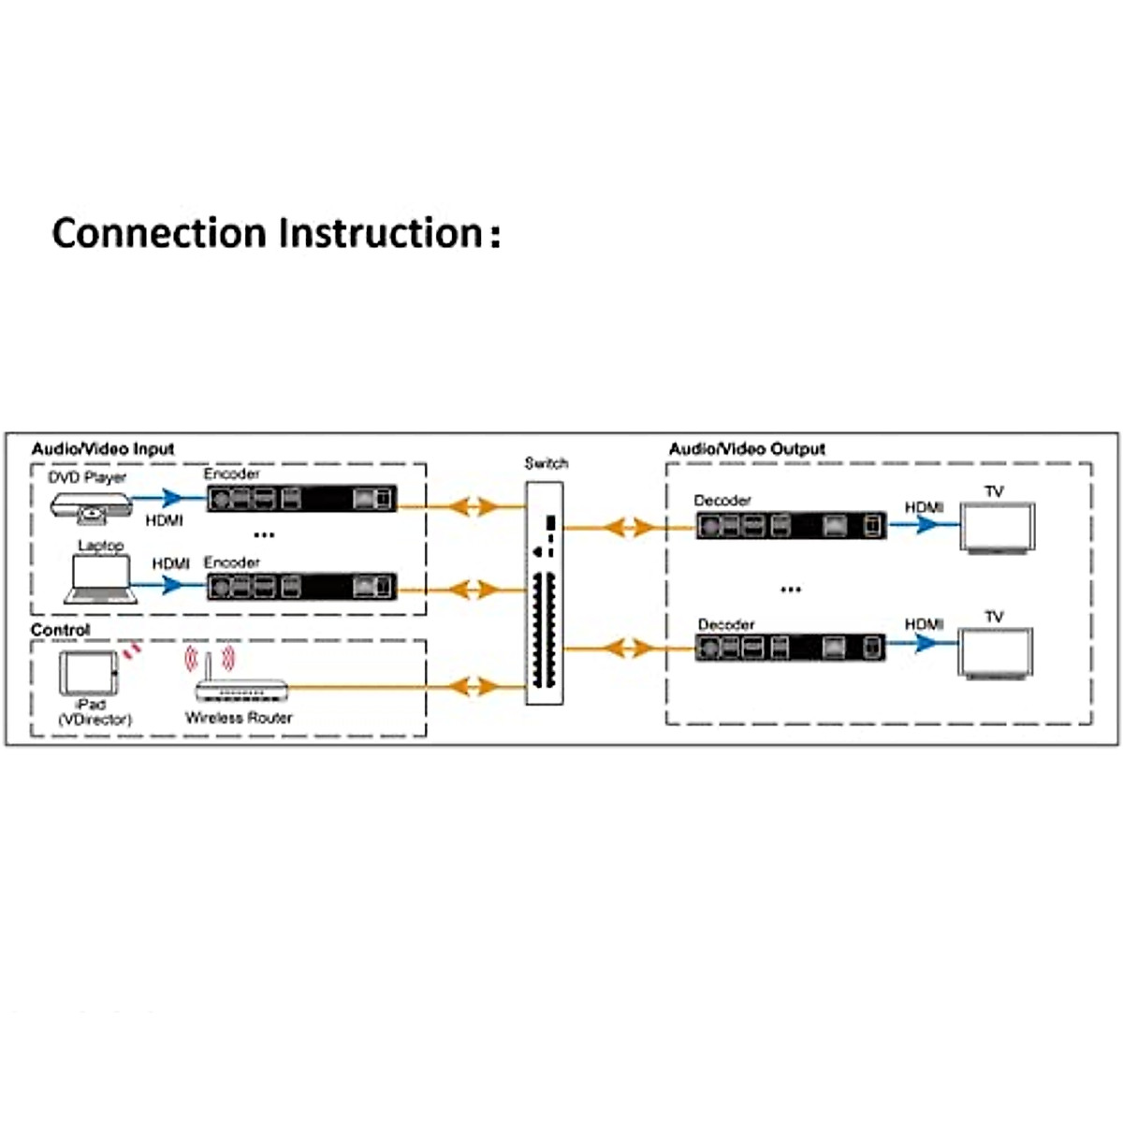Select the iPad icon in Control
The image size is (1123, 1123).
[x=89, y=674]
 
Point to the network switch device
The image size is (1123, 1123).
[x=544, y=593]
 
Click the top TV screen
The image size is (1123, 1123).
[x=998, y=528]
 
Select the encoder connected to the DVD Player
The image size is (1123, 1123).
[x=301, y=499]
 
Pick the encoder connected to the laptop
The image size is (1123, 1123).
[x=301, y=587]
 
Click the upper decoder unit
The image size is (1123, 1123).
[x=790, y=526]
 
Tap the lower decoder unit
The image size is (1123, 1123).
[x=790, y=647]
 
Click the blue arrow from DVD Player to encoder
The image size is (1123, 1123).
[x=168, y=498]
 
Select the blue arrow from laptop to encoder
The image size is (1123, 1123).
[x=169, y=586]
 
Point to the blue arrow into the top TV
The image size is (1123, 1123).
[x=926, y=524]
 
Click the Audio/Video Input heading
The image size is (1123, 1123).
[x=103, y=449]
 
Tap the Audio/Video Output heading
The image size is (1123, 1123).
[x=747, y=449]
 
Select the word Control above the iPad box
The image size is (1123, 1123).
[x=61, y=630]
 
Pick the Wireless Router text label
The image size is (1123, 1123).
[x=239, y=718]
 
